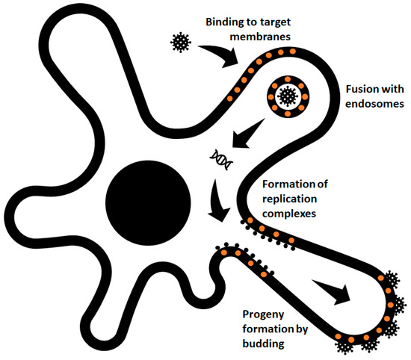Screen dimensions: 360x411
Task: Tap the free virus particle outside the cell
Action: (180, 42)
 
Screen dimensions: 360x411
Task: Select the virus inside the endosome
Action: (285, 95)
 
